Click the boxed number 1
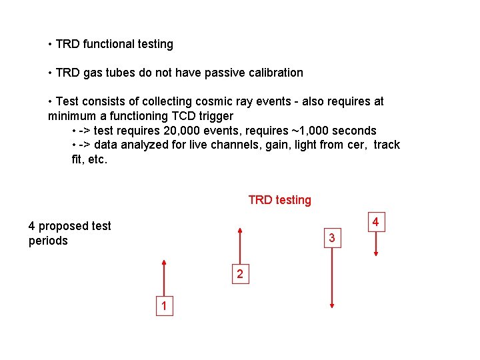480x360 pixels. pos(164,307)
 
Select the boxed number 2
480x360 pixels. pos(240,274)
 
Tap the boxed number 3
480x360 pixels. pos(331,238)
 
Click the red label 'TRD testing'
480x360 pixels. pos(279,200)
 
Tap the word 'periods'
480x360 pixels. pos(48,241)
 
